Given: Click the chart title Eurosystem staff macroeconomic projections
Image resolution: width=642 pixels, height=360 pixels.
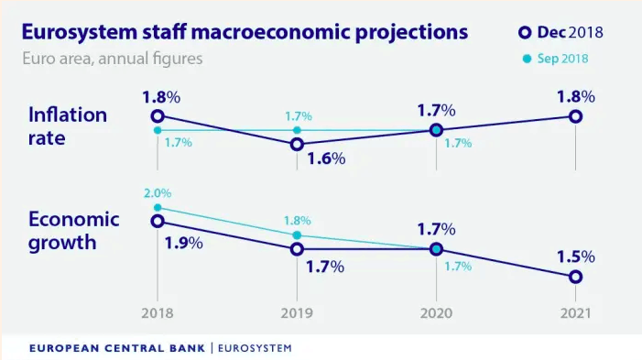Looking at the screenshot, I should tap(245, 32).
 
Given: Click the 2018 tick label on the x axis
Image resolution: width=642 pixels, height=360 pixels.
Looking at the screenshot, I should tap(158, 313).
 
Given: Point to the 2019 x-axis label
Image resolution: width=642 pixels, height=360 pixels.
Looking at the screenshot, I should tap(297, 313).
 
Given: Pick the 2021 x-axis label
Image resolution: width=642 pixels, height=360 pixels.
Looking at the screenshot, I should tap(575, 313).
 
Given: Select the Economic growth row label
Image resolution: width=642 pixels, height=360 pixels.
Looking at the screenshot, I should tap(74, 232).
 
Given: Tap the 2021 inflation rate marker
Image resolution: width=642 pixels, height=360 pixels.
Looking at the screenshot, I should tap(575, 115).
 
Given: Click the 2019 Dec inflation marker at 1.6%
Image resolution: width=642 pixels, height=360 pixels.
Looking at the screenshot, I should tap(297, 144).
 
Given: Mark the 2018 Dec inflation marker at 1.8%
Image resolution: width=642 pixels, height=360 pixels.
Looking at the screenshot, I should tap(158, 115).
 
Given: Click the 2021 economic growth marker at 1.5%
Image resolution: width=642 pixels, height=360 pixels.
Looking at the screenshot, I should tap(575, 277).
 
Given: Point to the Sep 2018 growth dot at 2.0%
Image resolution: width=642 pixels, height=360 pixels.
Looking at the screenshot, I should tap(158, 208).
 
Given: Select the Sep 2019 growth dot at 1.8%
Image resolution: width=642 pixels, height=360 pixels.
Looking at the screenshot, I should tap(297, 235).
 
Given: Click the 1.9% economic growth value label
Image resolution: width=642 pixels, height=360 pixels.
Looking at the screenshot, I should tap(184, 244).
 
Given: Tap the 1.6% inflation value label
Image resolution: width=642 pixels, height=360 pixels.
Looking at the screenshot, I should tap(326, 158).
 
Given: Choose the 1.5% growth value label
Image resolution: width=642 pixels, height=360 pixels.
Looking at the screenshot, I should tap(576, 256).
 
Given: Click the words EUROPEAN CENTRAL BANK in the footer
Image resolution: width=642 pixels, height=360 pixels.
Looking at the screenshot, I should tap(117, 348).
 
